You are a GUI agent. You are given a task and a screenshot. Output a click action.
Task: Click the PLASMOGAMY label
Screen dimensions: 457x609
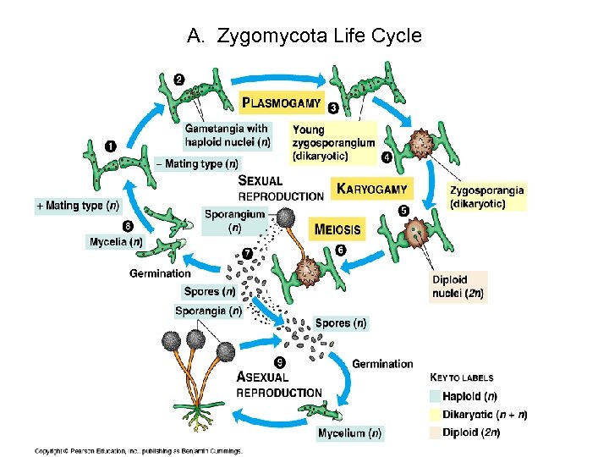click(x=282, y=103)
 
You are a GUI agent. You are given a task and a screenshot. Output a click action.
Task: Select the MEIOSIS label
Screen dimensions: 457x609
click(x=337, y=228)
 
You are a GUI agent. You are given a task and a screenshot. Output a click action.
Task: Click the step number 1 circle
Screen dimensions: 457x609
click(x=111, y=146)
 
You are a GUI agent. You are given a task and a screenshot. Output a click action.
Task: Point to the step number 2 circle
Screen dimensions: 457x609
click(x=179, y=80)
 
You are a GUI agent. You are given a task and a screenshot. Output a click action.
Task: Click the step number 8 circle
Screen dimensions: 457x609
click(x=128, y=226)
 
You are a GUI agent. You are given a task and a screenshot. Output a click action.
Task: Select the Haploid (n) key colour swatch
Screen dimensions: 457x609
click(x=436, y=396)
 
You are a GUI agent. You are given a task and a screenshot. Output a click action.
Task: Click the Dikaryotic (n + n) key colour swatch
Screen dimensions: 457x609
click(x=436, y=415)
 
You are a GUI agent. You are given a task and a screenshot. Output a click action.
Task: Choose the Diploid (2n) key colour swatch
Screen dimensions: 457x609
click(x=436, y=432)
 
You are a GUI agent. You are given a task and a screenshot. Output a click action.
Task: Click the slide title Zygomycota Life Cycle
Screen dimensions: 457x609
click(x=304, y=36)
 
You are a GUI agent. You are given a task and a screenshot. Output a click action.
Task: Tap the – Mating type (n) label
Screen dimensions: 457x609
click(x=196, y=163)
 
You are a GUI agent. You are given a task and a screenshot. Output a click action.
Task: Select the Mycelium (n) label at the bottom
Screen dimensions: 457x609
click(x=349, y=433)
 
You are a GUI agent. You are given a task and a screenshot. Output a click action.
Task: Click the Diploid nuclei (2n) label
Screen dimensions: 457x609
click(x=458, y=287)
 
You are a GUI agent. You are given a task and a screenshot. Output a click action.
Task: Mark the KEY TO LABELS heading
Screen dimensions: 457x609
click(x=462, y=377)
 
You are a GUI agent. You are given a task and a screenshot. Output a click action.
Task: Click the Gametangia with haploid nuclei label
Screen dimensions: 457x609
click(x=228, y=135)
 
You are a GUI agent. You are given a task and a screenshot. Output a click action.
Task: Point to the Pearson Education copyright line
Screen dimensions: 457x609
click(x=138, y=450)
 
